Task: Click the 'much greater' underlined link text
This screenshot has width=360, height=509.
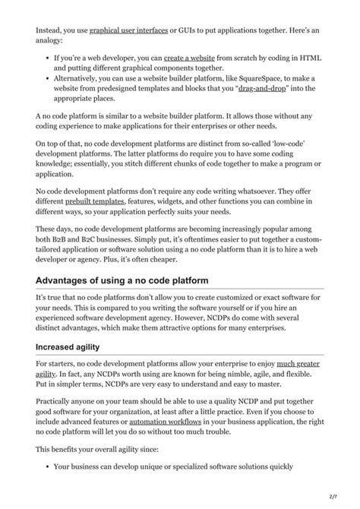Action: (297, 365)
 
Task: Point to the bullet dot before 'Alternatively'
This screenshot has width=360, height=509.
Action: (49, 78)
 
